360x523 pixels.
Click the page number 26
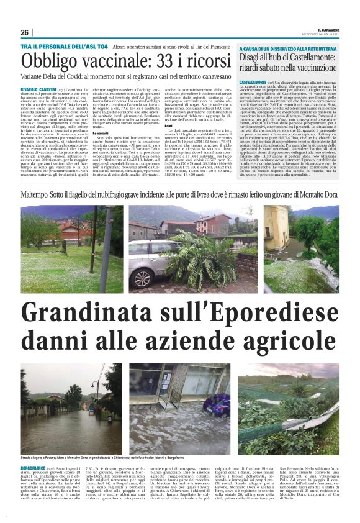pos(25,33)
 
